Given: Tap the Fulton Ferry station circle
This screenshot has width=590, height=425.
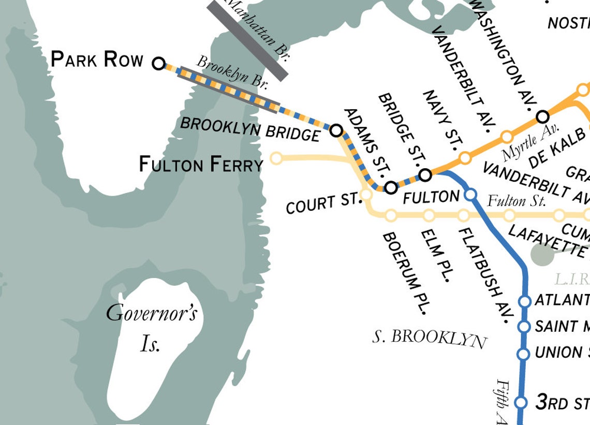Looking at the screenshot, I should click(x=277, y=157).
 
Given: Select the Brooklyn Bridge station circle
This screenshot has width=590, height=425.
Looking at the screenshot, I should click(x=336, y=130).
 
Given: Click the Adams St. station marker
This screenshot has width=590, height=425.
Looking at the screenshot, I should click(x=391, y=187).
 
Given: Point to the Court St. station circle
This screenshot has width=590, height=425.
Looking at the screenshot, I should click(x=366, y=195).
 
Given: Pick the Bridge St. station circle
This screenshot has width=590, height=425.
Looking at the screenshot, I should click(x=425, y=175).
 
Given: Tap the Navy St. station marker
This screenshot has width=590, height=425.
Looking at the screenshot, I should click(x=465, y=157).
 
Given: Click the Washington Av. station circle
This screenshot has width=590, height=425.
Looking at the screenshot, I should click(x=542, y=116).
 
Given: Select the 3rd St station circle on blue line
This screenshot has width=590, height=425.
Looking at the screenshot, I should click(x=522, y=402).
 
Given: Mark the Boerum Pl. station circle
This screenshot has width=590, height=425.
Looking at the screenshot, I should click(x=391, y=215).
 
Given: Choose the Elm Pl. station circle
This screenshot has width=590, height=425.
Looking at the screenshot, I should click(x=429, y=215).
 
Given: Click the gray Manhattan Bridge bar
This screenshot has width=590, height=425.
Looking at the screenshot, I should click(x=247, y=40).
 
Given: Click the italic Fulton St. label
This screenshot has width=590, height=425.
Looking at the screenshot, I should click(x=517, y=200).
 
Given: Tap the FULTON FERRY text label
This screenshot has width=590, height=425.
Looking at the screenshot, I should click(x=201, y=165).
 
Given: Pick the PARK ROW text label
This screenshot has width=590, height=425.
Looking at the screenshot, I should click(x=97, y=60).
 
